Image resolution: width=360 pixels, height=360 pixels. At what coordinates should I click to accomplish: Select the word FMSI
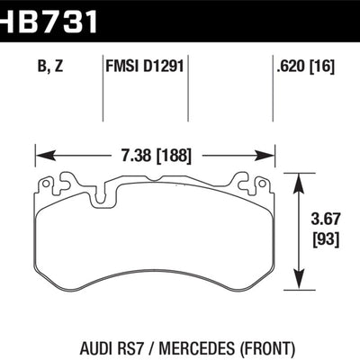(x=123, y=64)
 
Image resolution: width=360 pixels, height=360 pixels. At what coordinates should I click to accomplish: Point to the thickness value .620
(x=286, y=64)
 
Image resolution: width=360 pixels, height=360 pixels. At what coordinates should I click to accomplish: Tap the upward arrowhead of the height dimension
(x=299, y=179)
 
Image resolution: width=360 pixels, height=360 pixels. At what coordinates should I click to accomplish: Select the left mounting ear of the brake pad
(x=67, y=181)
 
